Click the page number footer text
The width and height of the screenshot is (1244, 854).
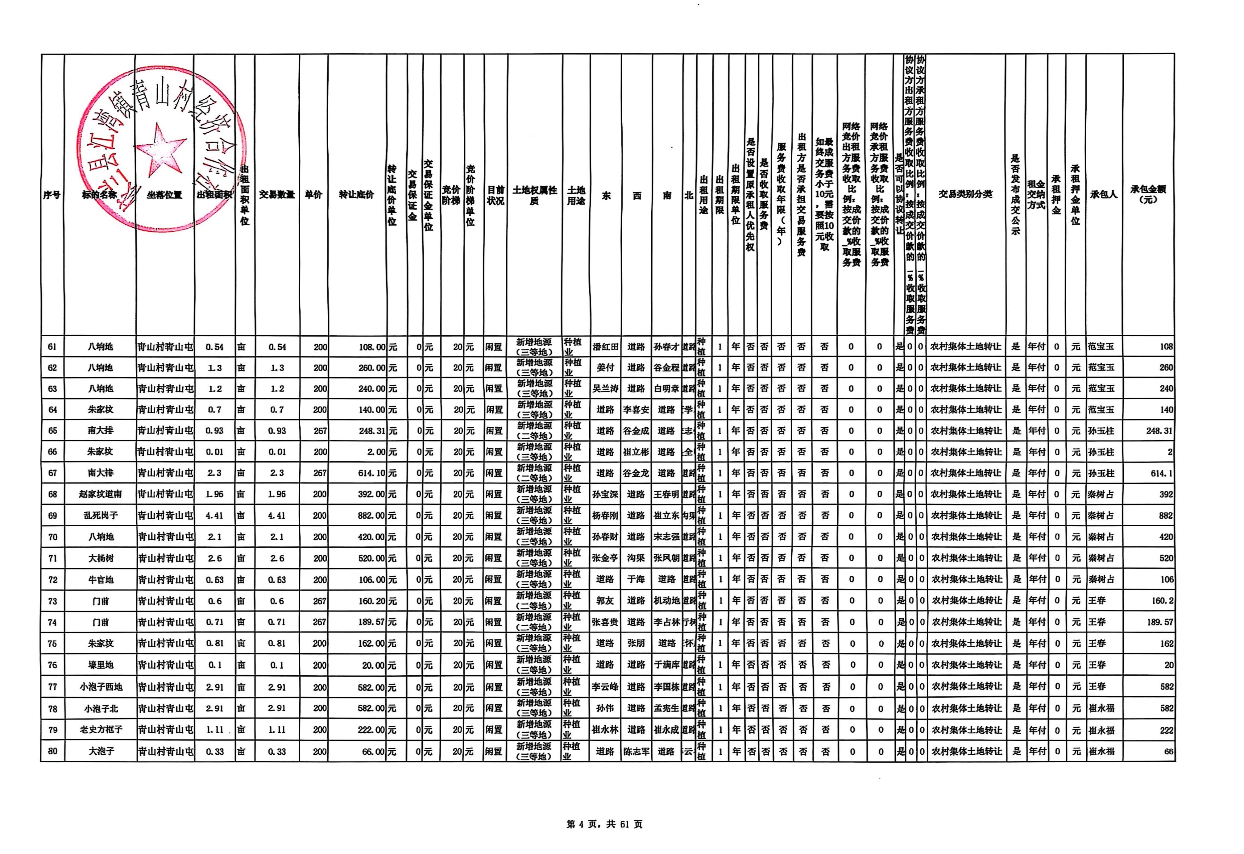(604, 824)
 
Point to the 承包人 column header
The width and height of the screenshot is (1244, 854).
(1104, 194)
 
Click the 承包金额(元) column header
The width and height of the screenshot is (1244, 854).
(1148, 194)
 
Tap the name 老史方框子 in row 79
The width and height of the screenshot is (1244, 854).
(101, 730)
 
